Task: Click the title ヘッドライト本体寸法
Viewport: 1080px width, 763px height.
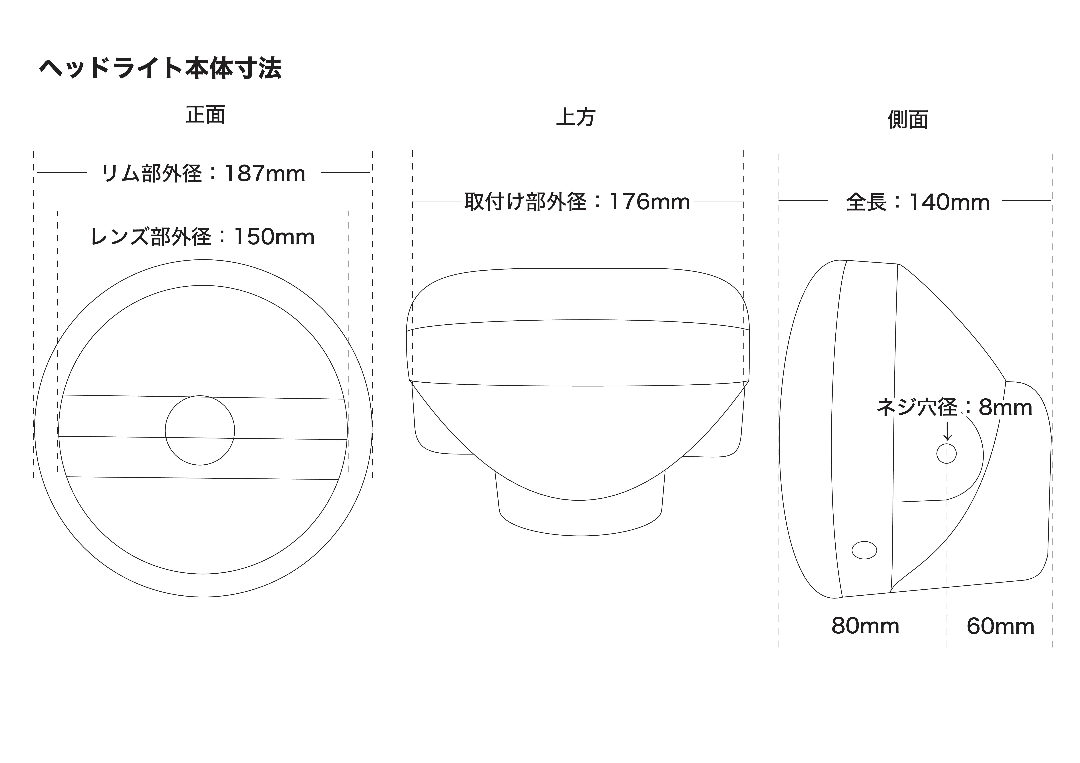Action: pos(160,69)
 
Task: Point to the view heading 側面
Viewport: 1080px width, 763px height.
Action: pos(908,120)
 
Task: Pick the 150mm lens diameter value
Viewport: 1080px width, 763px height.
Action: pos(274,237)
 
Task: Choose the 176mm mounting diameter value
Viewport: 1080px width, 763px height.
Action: pos(650,202)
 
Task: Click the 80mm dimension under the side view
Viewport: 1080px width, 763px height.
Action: pos(865,626)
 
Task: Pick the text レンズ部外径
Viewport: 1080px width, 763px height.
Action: pos(151,237)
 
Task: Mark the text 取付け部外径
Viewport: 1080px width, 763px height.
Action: pos(525,202)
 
